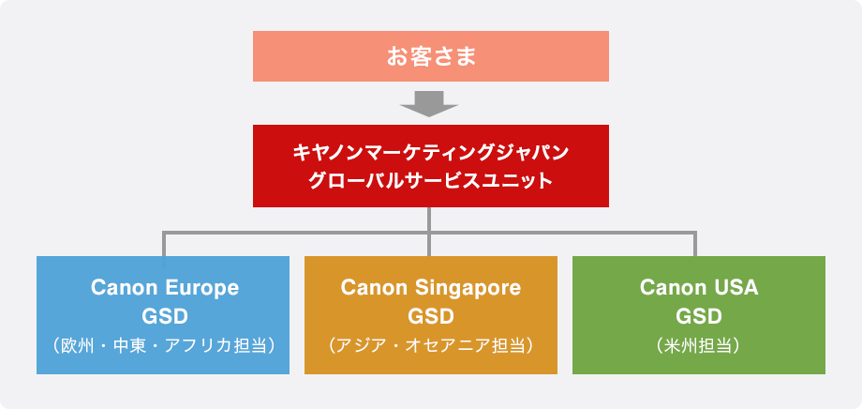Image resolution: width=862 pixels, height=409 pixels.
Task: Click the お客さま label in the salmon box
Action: [431, 56]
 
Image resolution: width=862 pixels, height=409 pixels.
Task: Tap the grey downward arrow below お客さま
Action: [429, 104]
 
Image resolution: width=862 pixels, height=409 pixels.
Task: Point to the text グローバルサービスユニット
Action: [431, 180]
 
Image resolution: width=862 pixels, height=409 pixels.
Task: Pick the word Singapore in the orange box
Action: [468, 287]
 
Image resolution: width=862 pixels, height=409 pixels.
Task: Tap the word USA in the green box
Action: [733, 287]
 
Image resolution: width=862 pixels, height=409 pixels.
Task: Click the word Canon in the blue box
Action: [125, 287]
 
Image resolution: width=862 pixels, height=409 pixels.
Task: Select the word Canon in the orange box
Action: [375, 287]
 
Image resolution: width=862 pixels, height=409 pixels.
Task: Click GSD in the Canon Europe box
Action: [164, 316]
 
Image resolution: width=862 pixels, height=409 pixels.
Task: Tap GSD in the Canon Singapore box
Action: [431, 316]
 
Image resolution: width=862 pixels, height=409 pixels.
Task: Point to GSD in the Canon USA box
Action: [699, 316]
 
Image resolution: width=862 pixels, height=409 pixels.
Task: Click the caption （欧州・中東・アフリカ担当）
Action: [163, 346]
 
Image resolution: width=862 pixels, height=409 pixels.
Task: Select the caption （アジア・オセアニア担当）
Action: [431, 346]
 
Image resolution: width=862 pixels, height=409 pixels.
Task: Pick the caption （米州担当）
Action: [699, 346]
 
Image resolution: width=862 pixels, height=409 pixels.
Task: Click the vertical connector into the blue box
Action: [164, 244]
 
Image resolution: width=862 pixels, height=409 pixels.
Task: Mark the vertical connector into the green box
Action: [695, 244]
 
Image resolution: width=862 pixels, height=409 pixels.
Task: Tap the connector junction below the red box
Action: [429, 233]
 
